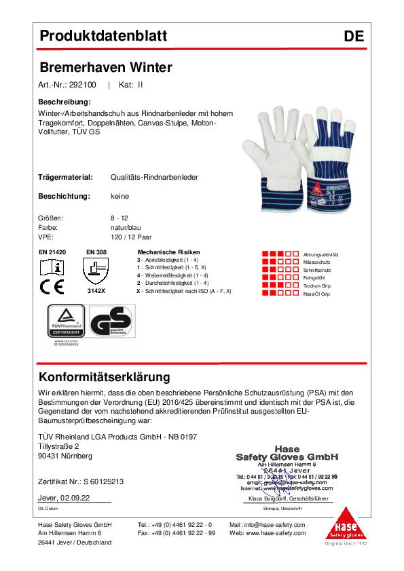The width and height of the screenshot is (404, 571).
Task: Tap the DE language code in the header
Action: point(353,37)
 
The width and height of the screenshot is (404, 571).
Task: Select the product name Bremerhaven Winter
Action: point(107,67)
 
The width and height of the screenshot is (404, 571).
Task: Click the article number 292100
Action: point(84,85)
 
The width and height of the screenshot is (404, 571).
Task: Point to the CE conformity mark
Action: point(52,287)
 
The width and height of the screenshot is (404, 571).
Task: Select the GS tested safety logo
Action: point(112,323)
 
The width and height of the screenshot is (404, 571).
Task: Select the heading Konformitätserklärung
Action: point(105,377)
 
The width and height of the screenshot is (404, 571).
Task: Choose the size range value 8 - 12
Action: point(119,219)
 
